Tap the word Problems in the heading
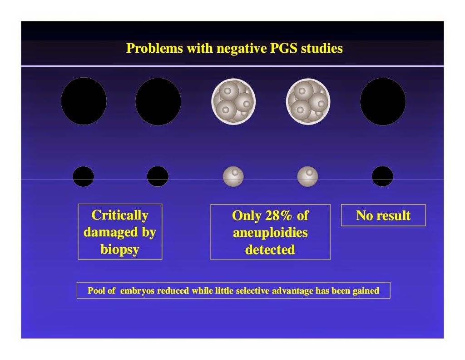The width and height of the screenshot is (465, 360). point(154,48)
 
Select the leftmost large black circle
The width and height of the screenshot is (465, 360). point(84,101)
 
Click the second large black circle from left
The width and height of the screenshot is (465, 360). point(158,101)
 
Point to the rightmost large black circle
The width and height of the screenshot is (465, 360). point(383,101)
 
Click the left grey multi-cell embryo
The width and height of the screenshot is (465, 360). point(233,101)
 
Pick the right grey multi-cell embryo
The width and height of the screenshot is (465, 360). point(308,101)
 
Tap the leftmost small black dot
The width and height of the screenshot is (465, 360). point(84,176)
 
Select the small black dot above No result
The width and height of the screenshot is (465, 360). point(382,176)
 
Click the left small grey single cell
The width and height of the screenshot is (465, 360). point(233,176)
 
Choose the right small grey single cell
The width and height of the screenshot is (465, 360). point(307,176)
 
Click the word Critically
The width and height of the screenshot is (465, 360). point(120,215)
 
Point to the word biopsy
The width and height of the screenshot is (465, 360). point(120,249)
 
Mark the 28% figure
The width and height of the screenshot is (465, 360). point(278,215)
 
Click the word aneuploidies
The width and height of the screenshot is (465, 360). point(270,233)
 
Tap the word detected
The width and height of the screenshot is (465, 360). point(270,250)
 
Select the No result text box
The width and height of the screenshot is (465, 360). point(383,215)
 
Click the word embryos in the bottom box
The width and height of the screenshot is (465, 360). point(137,290)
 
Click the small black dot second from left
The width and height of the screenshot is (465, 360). point(158,176)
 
